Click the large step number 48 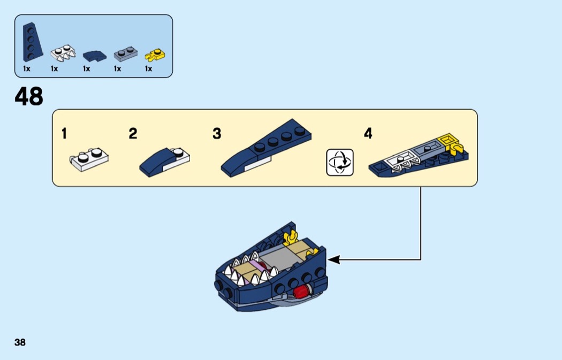29,97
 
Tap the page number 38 20,342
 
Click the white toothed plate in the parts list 62,52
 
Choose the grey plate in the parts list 125,53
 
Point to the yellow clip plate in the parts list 155,53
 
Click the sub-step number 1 64,134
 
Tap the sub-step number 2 133,134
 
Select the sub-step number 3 216,134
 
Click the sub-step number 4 368,134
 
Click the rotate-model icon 340,163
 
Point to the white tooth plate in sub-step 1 89,159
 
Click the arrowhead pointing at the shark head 333,260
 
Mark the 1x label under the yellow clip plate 148,68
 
